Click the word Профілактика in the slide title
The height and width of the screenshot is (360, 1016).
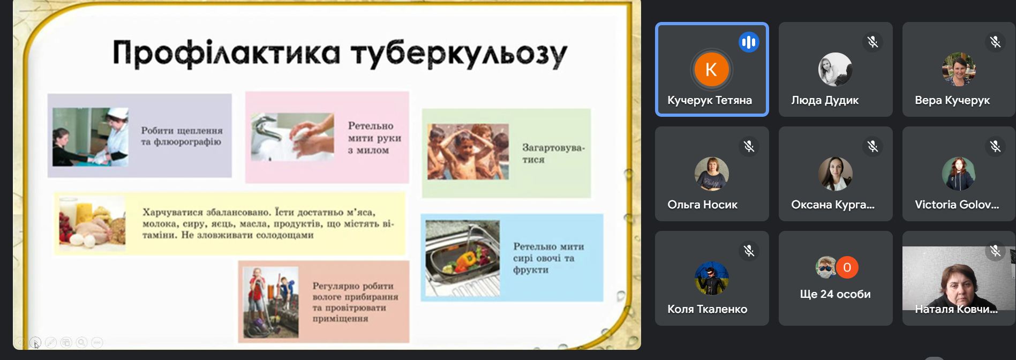[x=226, y=53]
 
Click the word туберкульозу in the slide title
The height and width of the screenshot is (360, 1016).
[x=459, y=55]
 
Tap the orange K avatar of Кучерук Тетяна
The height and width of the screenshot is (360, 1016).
[x=711, y=69]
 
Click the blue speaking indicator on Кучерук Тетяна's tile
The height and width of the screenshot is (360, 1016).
[x=749, y=42]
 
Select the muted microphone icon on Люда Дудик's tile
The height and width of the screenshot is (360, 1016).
[x=872, y=42]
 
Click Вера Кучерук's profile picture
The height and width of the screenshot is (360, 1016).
[x=959, y=69]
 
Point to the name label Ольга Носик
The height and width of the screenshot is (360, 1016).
[x=702, y=205]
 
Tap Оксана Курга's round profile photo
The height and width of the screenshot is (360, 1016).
[x=835, y=174]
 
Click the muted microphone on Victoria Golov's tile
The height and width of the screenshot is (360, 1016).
[x=995, y=146]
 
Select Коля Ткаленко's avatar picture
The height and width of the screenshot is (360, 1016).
[x=711, y=278]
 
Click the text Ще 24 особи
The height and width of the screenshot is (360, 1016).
[x=835, y=294]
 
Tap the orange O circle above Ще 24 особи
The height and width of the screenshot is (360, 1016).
[x=847, y=267]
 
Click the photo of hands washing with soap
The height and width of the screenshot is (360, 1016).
[x=292, y=137]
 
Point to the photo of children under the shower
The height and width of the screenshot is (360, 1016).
[x=468, y=152]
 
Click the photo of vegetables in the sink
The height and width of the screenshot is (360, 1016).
[x=462, y=258]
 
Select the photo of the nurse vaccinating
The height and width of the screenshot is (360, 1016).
[x=91, y=137]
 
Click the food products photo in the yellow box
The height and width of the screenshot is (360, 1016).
[x=92, y=223]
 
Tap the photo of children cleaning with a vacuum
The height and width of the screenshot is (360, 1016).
[x=270, y=302]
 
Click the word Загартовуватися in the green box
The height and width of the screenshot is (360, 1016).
[x=553, y=154]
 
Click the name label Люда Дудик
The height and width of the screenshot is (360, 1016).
[x=825, y=100]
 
